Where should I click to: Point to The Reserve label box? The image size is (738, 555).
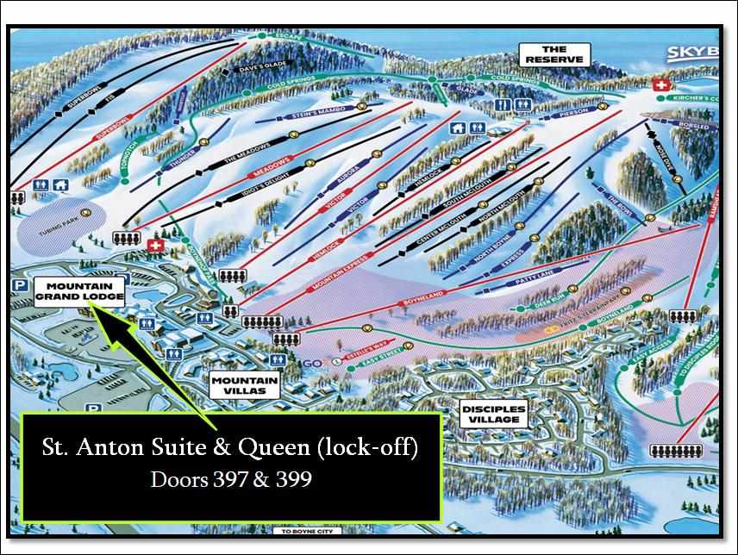[x=555, y=54]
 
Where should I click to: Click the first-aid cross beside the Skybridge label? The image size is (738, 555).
[x=662, y=86]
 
